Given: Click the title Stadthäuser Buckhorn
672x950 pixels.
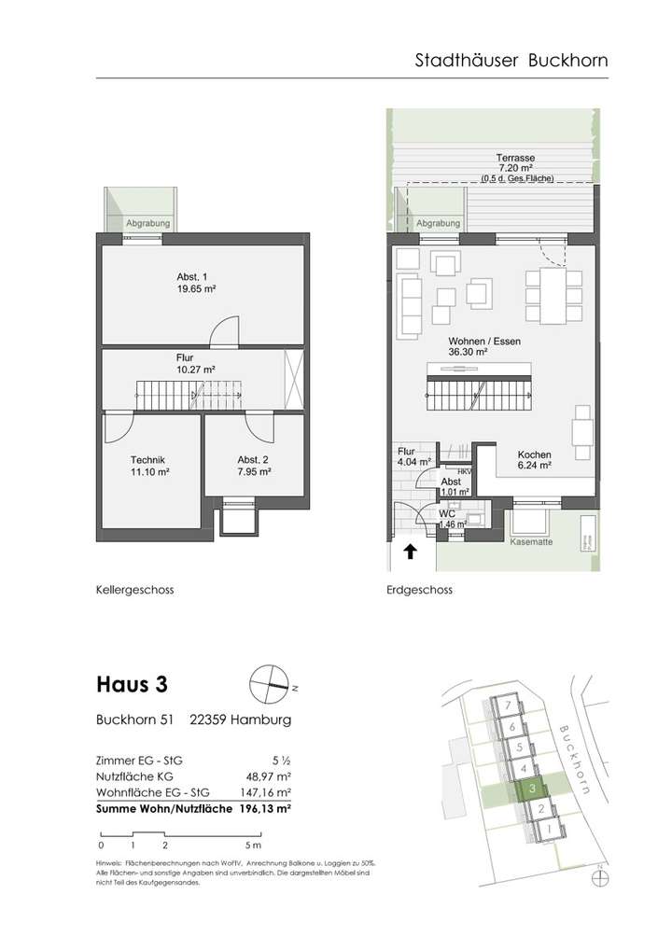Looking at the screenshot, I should tap(511, 61).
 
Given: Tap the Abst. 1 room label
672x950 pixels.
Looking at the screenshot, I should tap(196, 284).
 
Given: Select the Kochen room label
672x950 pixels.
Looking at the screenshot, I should tap(535, 458).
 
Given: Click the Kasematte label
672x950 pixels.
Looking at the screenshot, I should tap(532, 541).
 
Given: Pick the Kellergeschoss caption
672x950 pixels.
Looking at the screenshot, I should tap(134, 590).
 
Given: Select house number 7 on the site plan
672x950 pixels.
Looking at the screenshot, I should tap(506, 705).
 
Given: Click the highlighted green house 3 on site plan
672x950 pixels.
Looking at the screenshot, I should tap(531, 789).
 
